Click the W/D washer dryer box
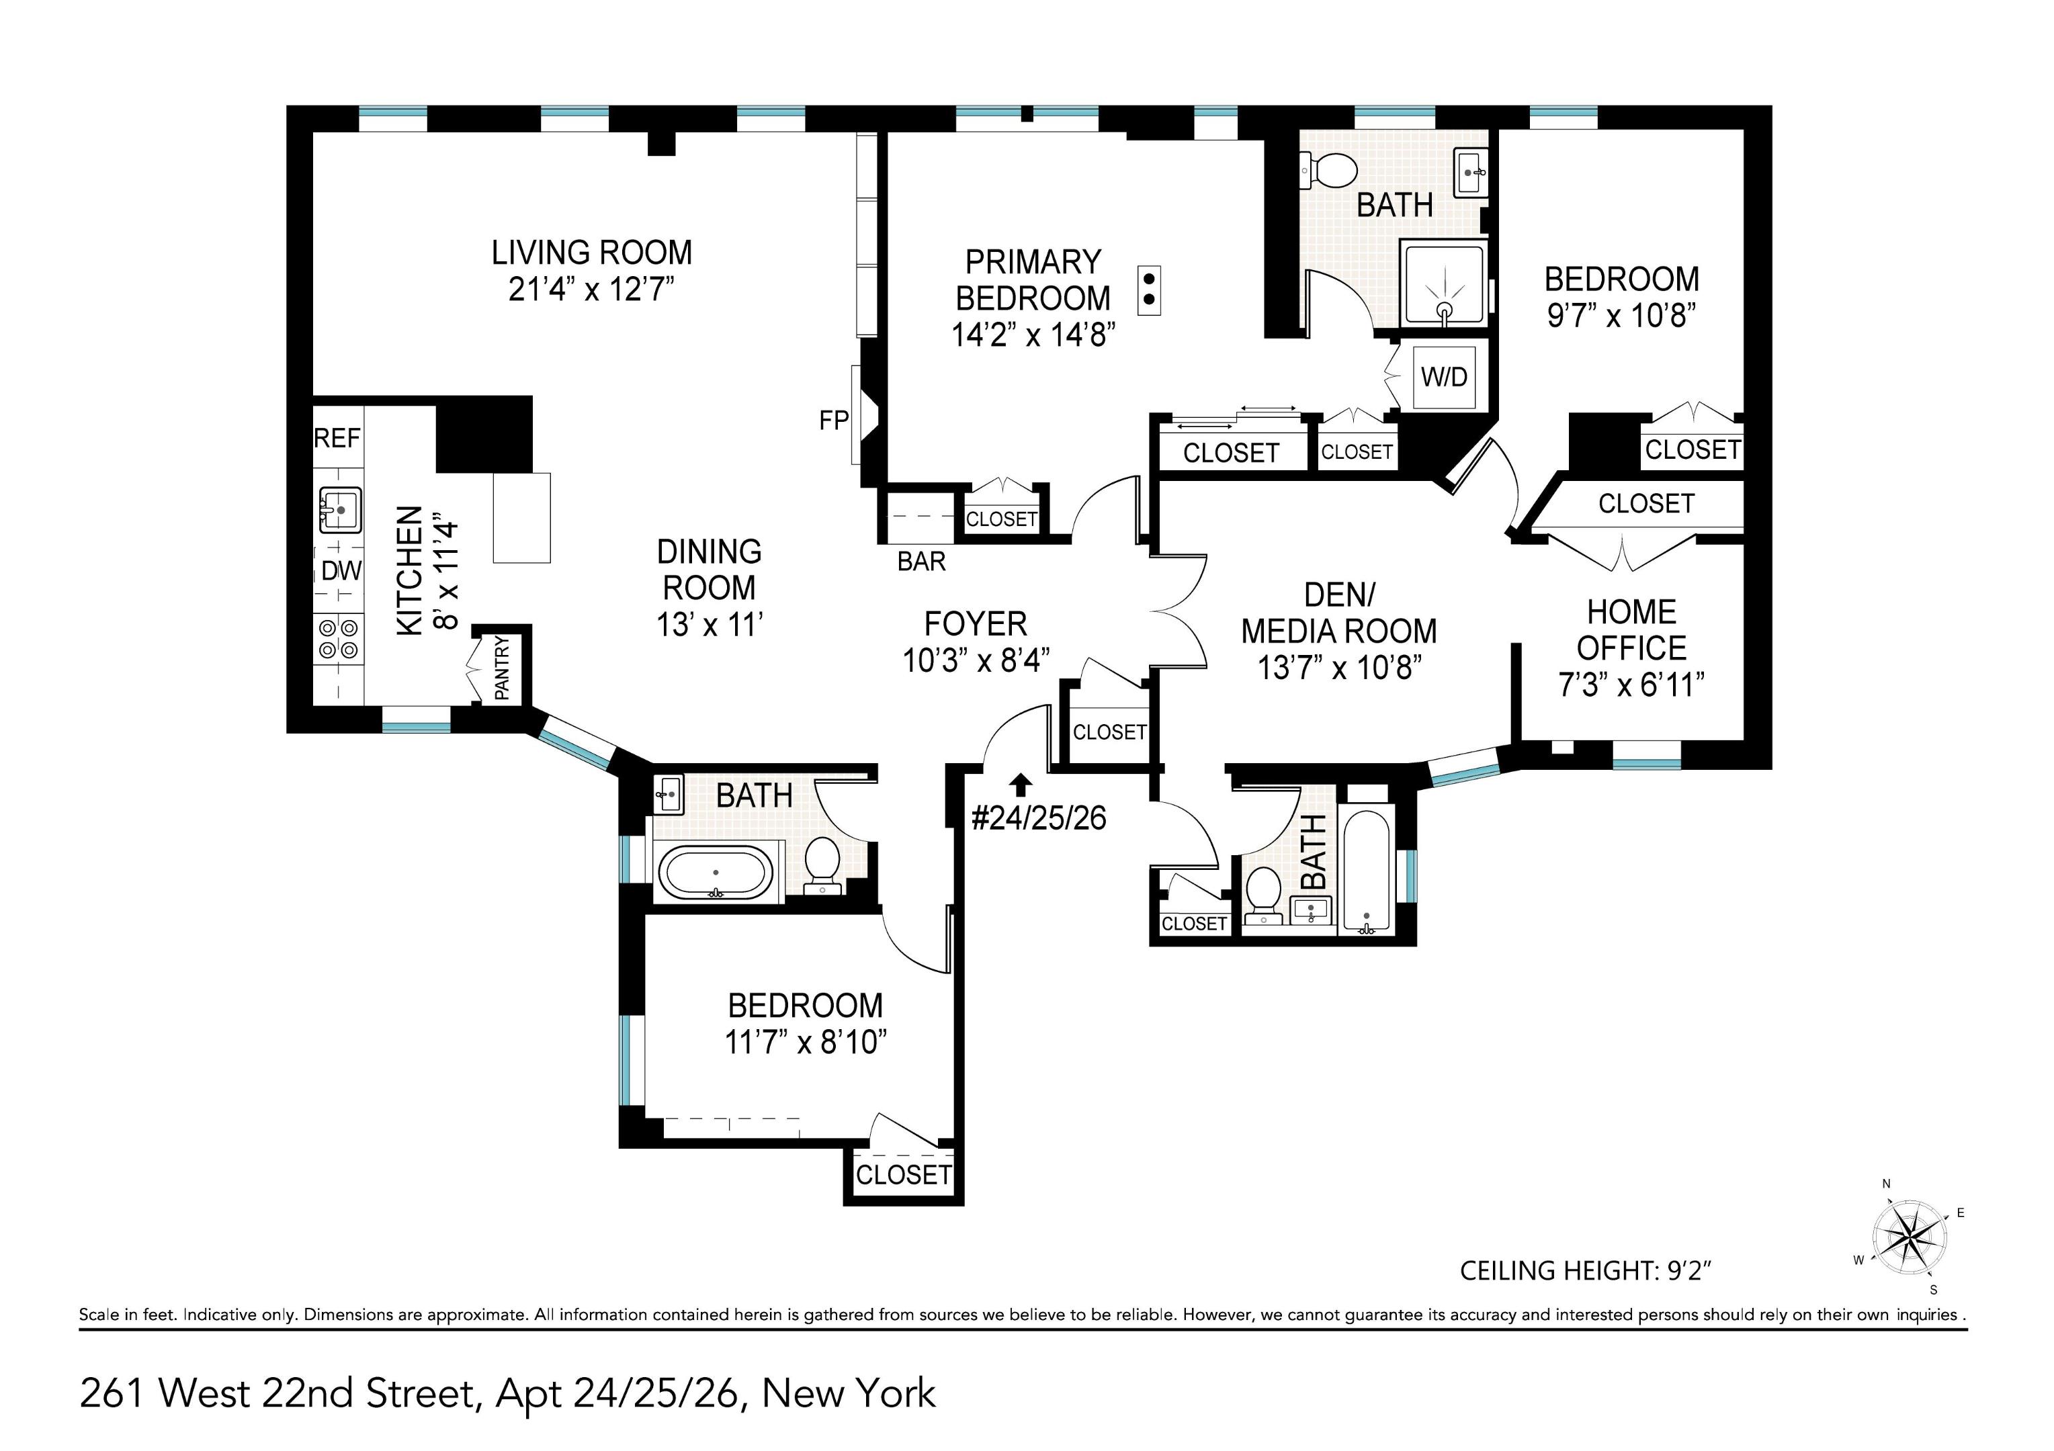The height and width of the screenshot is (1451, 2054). pos(1444,377)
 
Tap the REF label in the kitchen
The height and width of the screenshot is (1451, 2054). pos(337,439)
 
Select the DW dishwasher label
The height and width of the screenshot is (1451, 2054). pos(341,571)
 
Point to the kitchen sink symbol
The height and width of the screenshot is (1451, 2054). pos(340,510)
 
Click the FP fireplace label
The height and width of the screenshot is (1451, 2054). pos(833,421)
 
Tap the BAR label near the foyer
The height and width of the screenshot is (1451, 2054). pos(921,562)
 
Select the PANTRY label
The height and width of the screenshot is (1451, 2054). pos(502,668)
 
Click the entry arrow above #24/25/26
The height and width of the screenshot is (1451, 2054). pos(1021,785)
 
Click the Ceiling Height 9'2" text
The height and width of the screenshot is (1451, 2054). pos(1585,1270)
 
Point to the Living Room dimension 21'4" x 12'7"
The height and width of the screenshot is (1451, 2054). pos(591,290)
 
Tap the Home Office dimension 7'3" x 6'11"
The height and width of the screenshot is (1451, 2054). pos(1631,685)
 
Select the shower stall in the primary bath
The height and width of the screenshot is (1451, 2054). pos(1445,283)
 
